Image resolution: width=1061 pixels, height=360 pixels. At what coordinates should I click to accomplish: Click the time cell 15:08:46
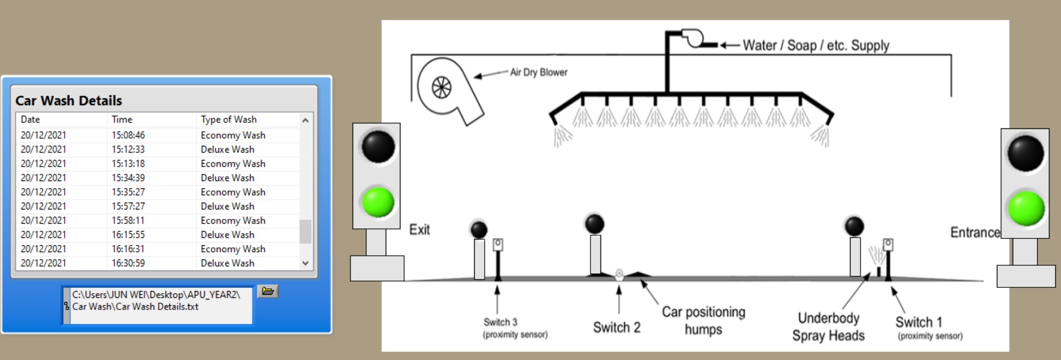coord(128,135)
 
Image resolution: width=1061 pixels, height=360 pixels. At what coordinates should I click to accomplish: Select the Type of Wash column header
coord(228,119)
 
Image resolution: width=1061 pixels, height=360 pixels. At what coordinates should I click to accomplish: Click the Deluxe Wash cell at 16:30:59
coord(227,263)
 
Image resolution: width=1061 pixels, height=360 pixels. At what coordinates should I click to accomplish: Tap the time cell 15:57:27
coord(128,206)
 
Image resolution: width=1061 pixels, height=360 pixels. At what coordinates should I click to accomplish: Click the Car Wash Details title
coord(68,101)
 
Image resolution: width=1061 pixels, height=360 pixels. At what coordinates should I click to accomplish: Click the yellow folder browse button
coord(267,291)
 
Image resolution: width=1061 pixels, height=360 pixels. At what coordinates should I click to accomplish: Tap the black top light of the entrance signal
coord(1025,153)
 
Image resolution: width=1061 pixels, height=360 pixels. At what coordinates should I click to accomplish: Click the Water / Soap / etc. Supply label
coord(816,45)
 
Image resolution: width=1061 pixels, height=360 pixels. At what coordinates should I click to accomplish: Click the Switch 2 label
coord(616,327)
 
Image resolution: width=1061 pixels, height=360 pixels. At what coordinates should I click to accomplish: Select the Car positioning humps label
coord(703,321)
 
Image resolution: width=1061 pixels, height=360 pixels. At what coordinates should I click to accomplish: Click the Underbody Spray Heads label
coord(828,327)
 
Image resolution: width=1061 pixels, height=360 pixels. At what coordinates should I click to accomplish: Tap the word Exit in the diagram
coord(419,230)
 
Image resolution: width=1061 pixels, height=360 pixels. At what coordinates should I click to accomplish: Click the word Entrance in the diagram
coord(975,232)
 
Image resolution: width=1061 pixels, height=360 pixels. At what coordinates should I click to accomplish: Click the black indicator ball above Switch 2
coord(594,224)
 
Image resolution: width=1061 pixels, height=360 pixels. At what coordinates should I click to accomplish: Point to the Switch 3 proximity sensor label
coord(515,328)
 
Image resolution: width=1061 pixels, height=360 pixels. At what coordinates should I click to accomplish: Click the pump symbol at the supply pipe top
coord(693,38)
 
